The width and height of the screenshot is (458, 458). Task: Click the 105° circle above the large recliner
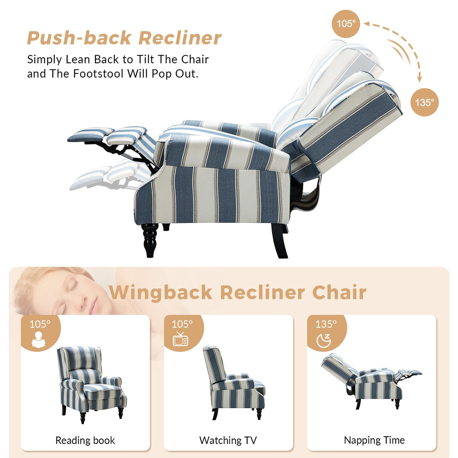[x=346, y=24]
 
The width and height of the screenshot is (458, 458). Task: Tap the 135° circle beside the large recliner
[x=424, y=102]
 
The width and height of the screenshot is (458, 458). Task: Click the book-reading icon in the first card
[x=39, y=339]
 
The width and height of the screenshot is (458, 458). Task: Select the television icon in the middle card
[x=180, y=339]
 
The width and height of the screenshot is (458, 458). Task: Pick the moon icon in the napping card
[x=324, y=340]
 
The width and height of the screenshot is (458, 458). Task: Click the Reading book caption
[x=85, y=440]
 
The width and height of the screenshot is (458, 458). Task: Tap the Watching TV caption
[x=228, y=440]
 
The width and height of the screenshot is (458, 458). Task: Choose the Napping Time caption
[x=374, y=440]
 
